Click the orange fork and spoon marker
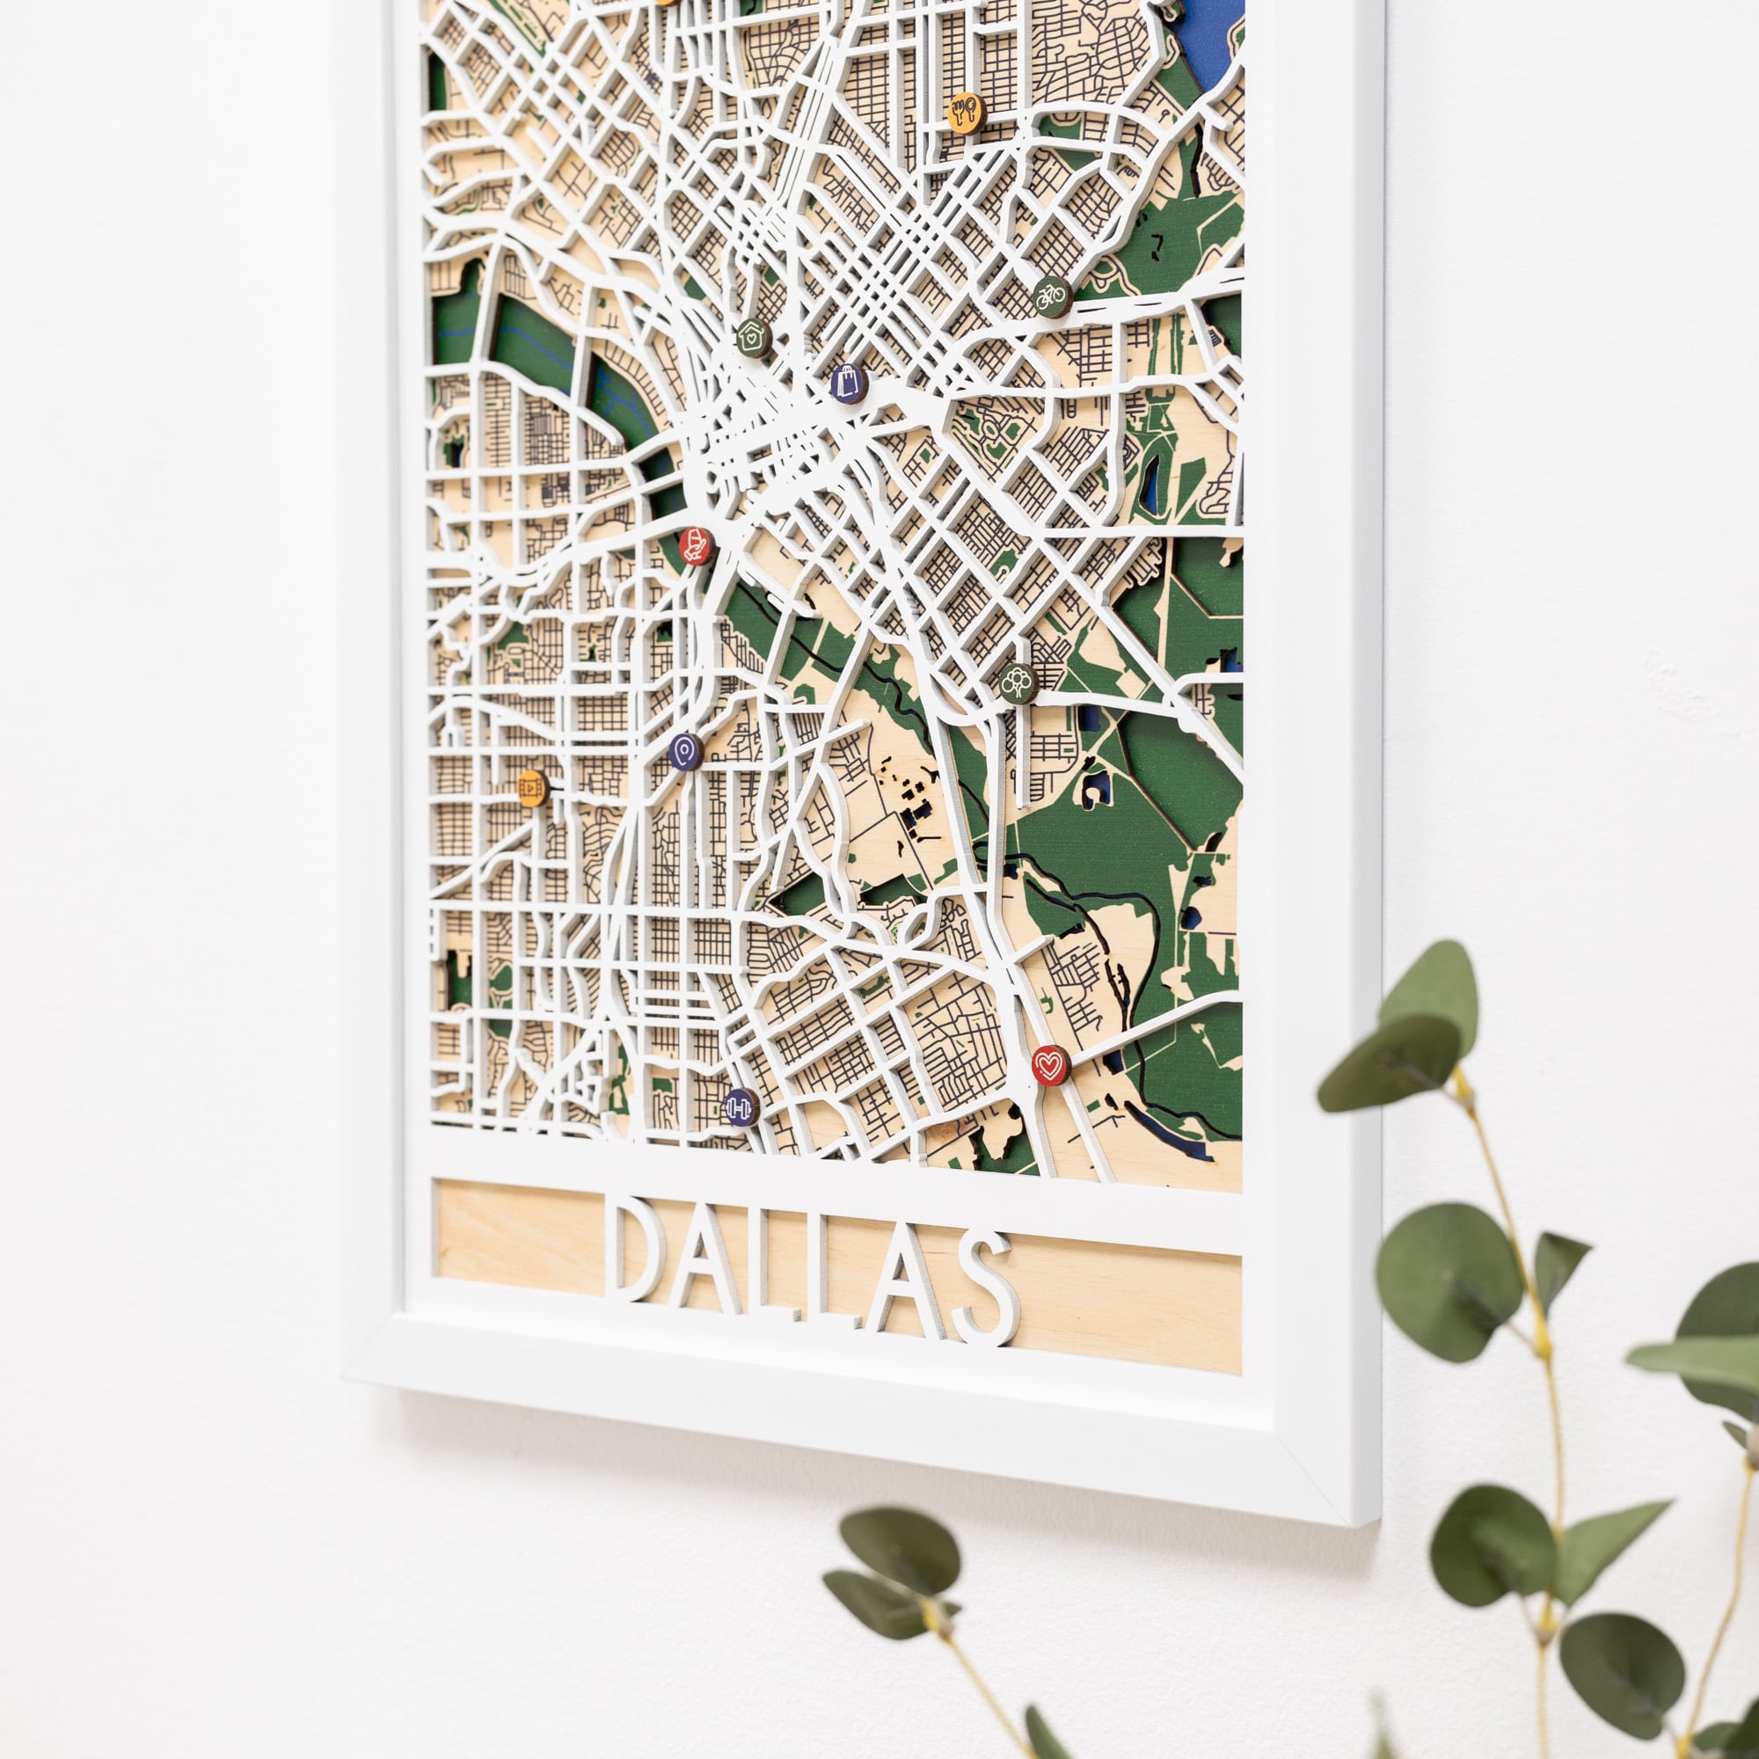tap(965, 112)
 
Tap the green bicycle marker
tap(1051, 296)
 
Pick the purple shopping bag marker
tap(848, 383)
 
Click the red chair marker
tap(697, 545)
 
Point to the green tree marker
tap(1018, 682)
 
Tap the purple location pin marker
tap(686, 751)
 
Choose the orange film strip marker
tap(532, 785)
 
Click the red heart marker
tap(1050, 1064)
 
